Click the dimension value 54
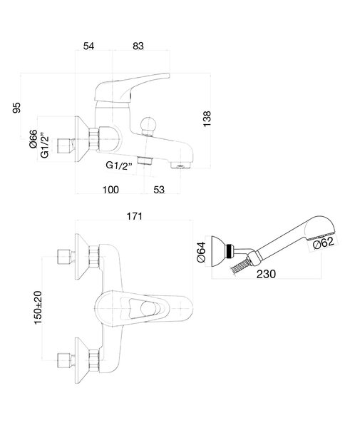tap(88, 46)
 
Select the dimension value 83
tap(138, 46)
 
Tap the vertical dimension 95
tap(16, 107)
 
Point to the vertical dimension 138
tap(207, 118)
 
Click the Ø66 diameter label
tap(34, 139)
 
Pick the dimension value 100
tap(110, 190)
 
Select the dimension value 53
tap(159, 190)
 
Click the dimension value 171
tap(135, 216)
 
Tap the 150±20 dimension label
tap(38, 307)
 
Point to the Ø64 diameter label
tap(201, 252)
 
